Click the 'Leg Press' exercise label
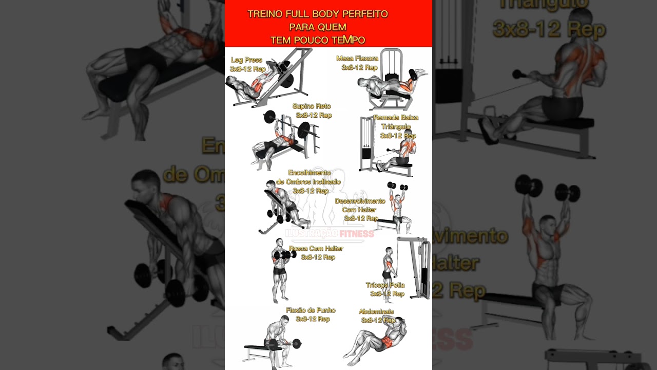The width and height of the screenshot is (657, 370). (x=246, y=60)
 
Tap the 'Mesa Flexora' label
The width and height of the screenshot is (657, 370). (x=357, y=59)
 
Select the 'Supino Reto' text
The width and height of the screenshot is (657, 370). (x=312, y=106)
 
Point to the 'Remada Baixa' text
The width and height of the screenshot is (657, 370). (x=396, y=118)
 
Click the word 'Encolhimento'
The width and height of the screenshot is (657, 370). (x=310, y=173)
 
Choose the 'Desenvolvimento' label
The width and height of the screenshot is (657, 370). (x=360, y=201)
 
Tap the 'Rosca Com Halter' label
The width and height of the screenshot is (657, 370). (x=316, y=249)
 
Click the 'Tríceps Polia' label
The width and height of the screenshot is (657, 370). (x=385, y=285)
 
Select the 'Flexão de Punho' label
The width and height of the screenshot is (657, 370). (x=311, y=310)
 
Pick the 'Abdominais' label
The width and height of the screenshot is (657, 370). (x=376, y=311)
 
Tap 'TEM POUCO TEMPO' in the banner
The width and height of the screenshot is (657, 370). (x=318, y=40)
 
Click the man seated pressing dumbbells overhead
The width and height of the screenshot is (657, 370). (x=397, y=208)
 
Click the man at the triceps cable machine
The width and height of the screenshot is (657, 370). (x=388, y=270)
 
